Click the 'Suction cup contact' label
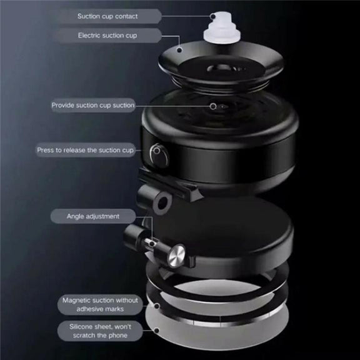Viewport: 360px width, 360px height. point(107,16)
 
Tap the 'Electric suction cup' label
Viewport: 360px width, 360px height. point(107,36)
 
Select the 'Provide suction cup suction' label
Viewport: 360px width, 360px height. point(93,105)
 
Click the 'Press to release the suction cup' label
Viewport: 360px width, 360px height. point(85,150)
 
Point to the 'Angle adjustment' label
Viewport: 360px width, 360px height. point(93,216)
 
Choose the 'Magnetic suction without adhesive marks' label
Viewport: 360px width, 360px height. point(100,304)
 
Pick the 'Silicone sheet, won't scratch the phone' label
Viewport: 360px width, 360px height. point(100,331)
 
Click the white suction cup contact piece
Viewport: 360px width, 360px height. point(222,29)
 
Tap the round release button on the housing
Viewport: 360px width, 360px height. point(159,156)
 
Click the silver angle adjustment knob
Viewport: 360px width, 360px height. point(176,256)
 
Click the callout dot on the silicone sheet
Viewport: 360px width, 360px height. point(157,331)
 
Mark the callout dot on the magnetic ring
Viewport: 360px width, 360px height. point(157,306)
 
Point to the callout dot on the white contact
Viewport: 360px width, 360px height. point(213,16)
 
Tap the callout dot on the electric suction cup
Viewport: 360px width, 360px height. point(179,50)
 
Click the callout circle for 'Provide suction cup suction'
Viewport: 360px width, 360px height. point(213,106)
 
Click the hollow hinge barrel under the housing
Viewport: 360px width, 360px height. point(156,198)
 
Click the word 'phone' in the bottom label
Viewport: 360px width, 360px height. point(117,336)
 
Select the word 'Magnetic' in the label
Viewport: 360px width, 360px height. point(74,301)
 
